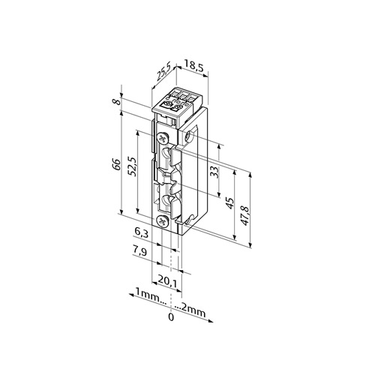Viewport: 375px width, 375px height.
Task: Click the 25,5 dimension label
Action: (x=163, y=72)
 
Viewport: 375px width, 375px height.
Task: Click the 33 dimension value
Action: (x=214, y=172)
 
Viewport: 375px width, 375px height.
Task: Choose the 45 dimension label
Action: (x=229, y=202)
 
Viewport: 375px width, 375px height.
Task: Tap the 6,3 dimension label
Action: (x=141, y=234)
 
